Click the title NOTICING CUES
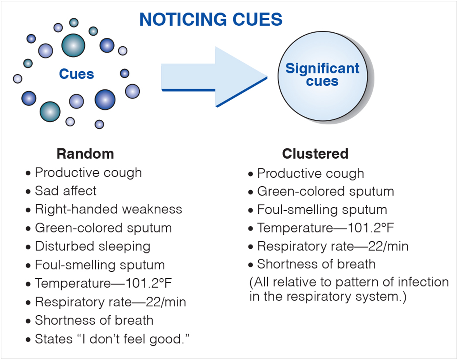[211, 19]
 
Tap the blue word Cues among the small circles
[77, 73]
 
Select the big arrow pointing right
[214, 76]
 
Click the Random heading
[85, 154]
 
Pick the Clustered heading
[315, 154]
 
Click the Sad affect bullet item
[65, 191]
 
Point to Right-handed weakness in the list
[108, 209]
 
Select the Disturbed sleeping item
[92, 246]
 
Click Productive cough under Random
[88, 172]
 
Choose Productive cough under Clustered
[310, 173]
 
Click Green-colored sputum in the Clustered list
[325, 191]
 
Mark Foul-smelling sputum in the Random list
[99, 265]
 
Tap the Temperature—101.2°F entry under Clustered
[326, 228]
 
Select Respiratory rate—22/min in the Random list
[110, 302]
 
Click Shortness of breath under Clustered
[316, 264]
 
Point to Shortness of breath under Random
[94, 320]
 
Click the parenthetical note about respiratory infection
[348, 289]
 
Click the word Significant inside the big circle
[322, 69]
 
